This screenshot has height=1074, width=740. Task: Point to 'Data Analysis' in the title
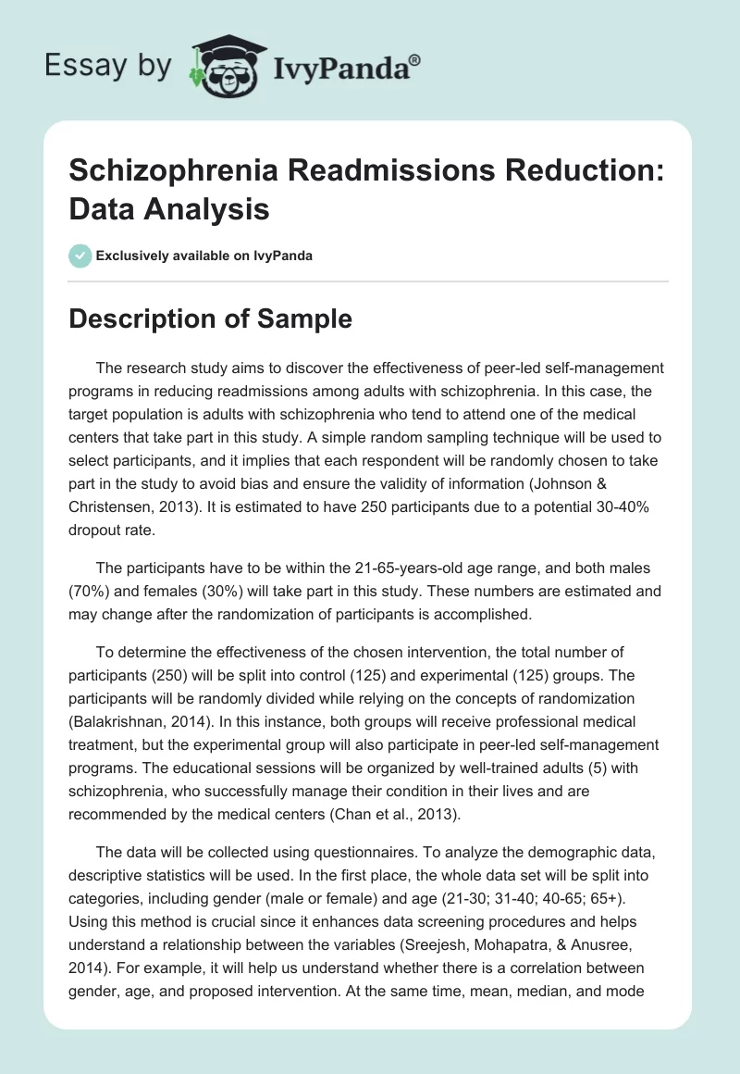[170, 209]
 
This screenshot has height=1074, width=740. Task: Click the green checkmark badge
[81, 256]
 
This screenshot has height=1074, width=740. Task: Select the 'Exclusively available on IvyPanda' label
[205, 256]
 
